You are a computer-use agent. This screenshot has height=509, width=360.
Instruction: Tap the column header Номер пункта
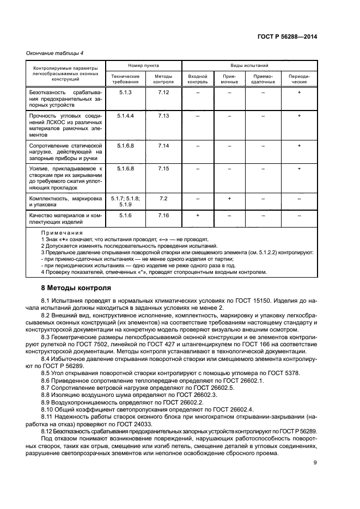144,65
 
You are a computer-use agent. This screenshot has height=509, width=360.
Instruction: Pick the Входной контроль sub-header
197,79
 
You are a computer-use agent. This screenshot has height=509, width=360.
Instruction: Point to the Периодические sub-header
298,79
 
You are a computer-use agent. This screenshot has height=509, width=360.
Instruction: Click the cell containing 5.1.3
125,93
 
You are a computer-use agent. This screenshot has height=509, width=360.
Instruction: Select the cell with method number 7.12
163,93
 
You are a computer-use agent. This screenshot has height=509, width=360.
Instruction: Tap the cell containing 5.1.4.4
125,116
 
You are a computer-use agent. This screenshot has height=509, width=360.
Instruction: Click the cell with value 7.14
163,146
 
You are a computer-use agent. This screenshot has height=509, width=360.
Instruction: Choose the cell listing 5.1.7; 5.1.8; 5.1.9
125,201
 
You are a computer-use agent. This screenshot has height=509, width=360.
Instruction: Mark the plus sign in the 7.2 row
229,199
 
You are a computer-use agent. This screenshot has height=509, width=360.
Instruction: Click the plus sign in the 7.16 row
197,216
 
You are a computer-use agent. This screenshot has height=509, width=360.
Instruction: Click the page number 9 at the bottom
315,463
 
